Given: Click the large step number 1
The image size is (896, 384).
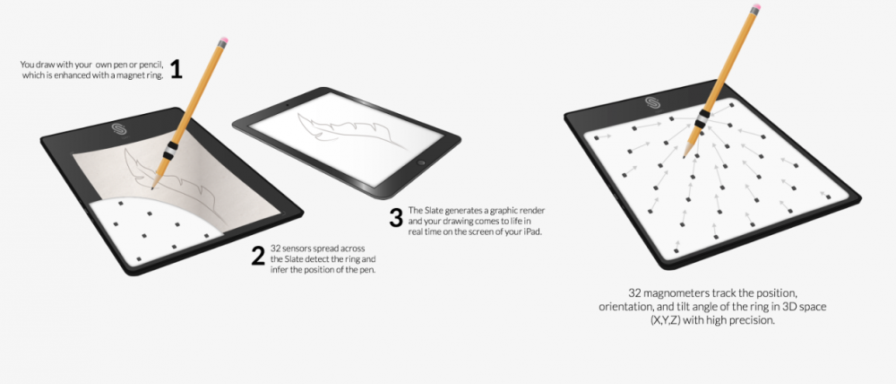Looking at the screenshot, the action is click(x=176, y=69).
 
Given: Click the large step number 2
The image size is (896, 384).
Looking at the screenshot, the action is click(x=258, y=256).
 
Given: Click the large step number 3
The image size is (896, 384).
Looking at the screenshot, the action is click(x=396, y=218).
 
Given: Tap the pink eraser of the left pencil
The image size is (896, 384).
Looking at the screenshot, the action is click(x=223, y=40).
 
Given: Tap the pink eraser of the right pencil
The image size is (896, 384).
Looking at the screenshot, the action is click(x=756, y=7).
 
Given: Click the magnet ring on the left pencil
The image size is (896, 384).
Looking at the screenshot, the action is click(x=170, y=151).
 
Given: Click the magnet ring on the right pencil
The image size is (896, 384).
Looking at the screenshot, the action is click(x=702, y=118).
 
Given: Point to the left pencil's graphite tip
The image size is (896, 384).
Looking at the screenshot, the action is click(x=152, y=188).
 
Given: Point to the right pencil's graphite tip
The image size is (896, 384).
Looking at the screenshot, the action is click(x=684, y=155).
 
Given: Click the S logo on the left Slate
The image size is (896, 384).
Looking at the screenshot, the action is click(x=119, y=129).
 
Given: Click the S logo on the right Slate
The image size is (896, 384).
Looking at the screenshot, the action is click(x=652, y=102).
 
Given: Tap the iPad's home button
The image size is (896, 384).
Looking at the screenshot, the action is click(x=422, y=163).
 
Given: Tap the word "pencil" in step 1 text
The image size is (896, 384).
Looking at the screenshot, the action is click(x=152, y=65).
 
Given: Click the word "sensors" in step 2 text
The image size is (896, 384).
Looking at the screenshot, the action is click(x=297, y=249).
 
